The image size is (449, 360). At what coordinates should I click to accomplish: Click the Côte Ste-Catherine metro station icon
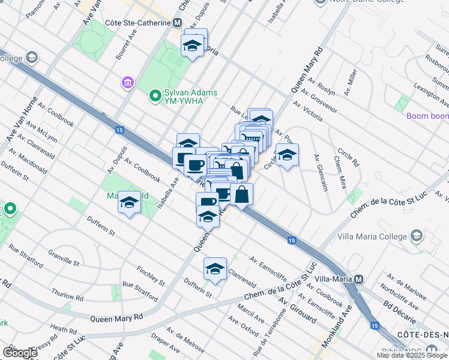tap(177, 23)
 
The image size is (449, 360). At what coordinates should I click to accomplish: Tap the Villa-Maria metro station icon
tap(359, 280)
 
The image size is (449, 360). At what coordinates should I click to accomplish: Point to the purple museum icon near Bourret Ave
tap(127, 82)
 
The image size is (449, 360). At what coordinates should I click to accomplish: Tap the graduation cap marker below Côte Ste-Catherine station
tap(192, 46)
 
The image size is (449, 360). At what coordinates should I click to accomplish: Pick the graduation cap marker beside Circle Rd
tap(288, 155)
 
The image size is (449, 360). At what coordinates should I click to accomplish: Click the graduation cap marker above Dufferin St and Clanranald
tap(215, 268)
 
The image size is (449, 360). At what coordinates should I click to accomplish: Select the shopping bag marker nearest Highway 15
tap(241, 194)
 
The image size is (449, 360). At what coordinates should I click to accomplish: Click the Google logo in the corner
tap(19, 353)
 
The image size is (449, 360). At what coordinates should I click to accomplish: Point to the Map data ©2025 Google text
tap(412, 355)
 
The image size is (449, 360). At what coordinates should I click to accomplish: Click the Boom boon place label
tap(427, 116)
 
